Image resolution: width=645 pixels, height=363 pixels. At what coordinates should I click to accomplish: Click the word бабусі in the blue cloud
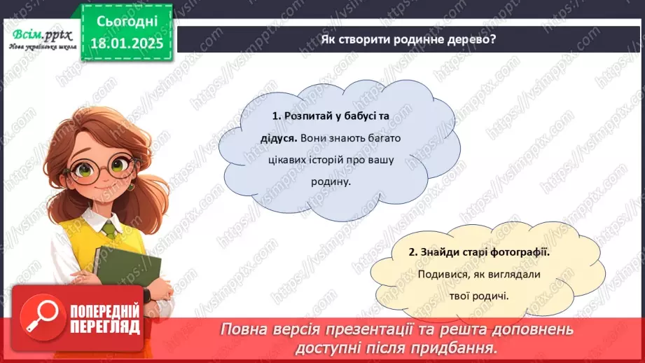(375, 116)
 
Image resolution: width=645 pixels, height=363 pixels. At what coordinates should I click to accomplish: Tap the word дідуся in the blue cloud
(268, 138)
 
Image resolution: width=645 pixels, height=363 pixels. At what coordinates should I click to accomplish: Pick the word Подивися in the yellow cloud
(441, 275)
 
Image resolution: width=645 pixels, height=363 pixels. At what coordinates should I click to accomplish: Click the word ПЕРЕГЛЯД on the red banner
(104, 327)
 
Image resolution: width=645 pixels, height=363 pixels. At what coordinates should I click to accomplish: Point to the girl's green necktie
(109, 230)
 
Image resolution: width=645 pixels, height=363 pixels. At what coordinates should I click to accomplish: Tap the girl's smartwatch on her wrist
(147, 294)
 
